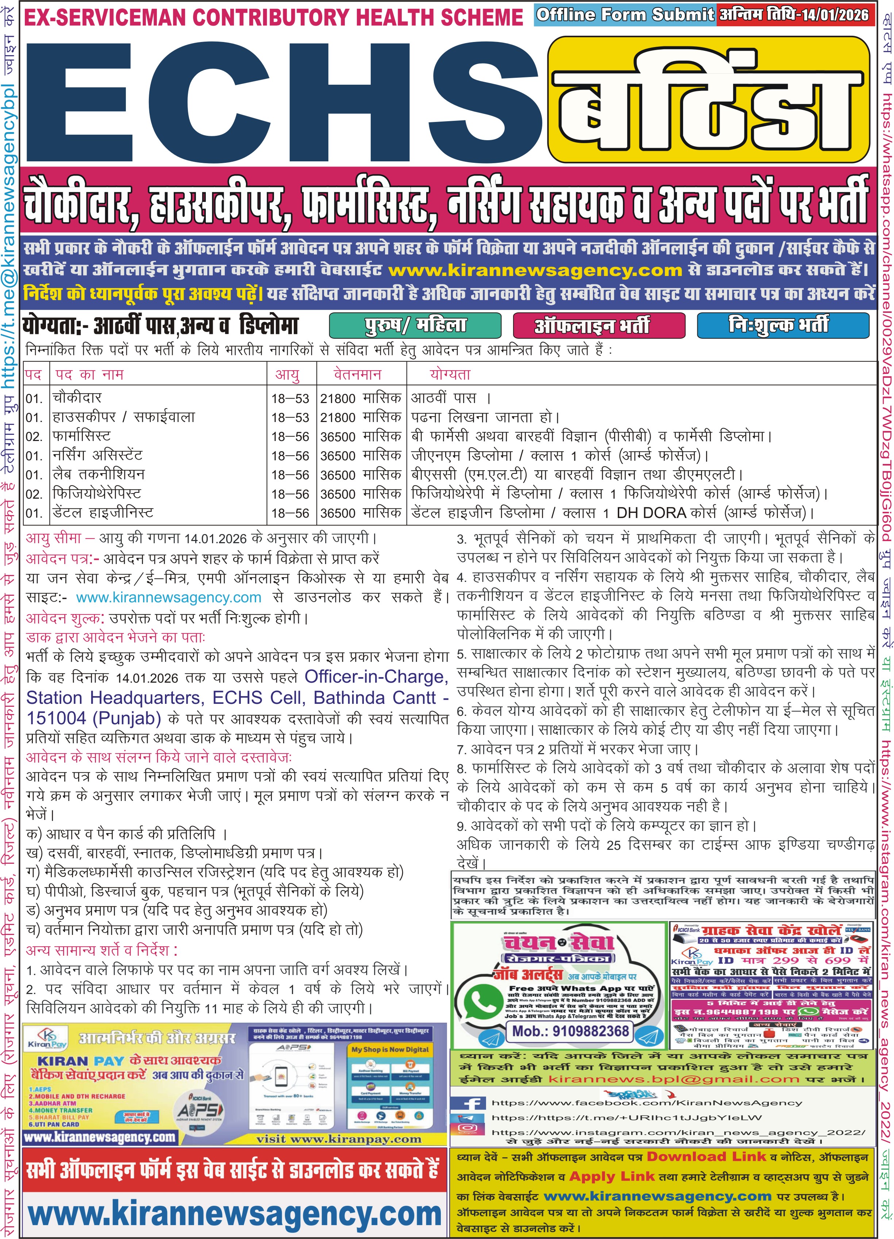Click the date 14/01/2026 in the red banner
pyautogui.click(x=834, y=15)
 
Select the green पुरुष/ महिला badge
pyautogui.click(x=415, y=326)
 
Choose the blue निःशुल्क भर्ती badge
pyautogui.click(x=783, y=326)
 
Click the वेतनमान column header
pyautogui.click(x=358, y=375)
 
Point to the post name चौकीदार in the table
pyautogui.click(x=77, y=398)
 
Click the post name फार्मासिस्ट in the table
pyautogui.click(x=81, y=436)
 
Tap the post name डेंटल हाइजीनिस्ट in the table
pyautogui.click(x=103, y=513)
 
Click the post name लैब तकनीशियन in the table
pyautogui.click(x=98, y=474)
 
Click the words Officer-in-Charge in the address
pyautogui.click(x=376, y=677)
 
